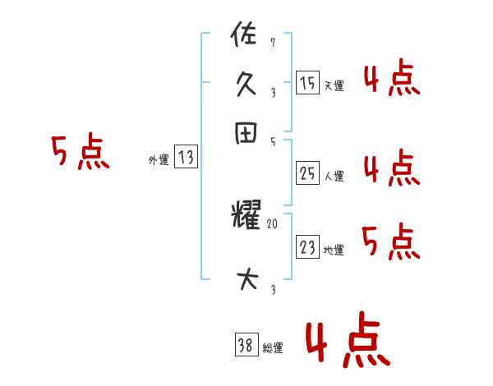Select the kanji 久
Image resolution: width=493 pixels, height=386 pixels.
[x=246, y=84]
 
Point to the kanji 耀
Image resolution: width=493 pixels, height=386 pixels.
[x=246, y=218]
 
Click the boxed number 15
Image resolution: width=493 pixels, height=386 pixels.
[x=307, y=83]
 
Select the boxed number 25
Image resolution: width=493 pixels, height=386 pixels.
[x=307, y=173]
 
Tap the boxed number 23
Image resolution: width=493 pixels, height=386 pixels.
[x=307, y=247]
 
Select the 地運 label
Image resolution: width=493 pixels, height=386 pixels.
[x=334, y=250]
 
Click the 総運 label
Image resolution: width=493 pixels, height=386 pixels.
[x=273, y=348]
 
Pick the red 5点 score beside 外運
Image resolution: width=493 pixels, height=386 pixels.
[x=81, y=154]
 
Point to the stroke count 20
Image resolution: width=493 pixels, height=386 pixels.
[x=274, y=223]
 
